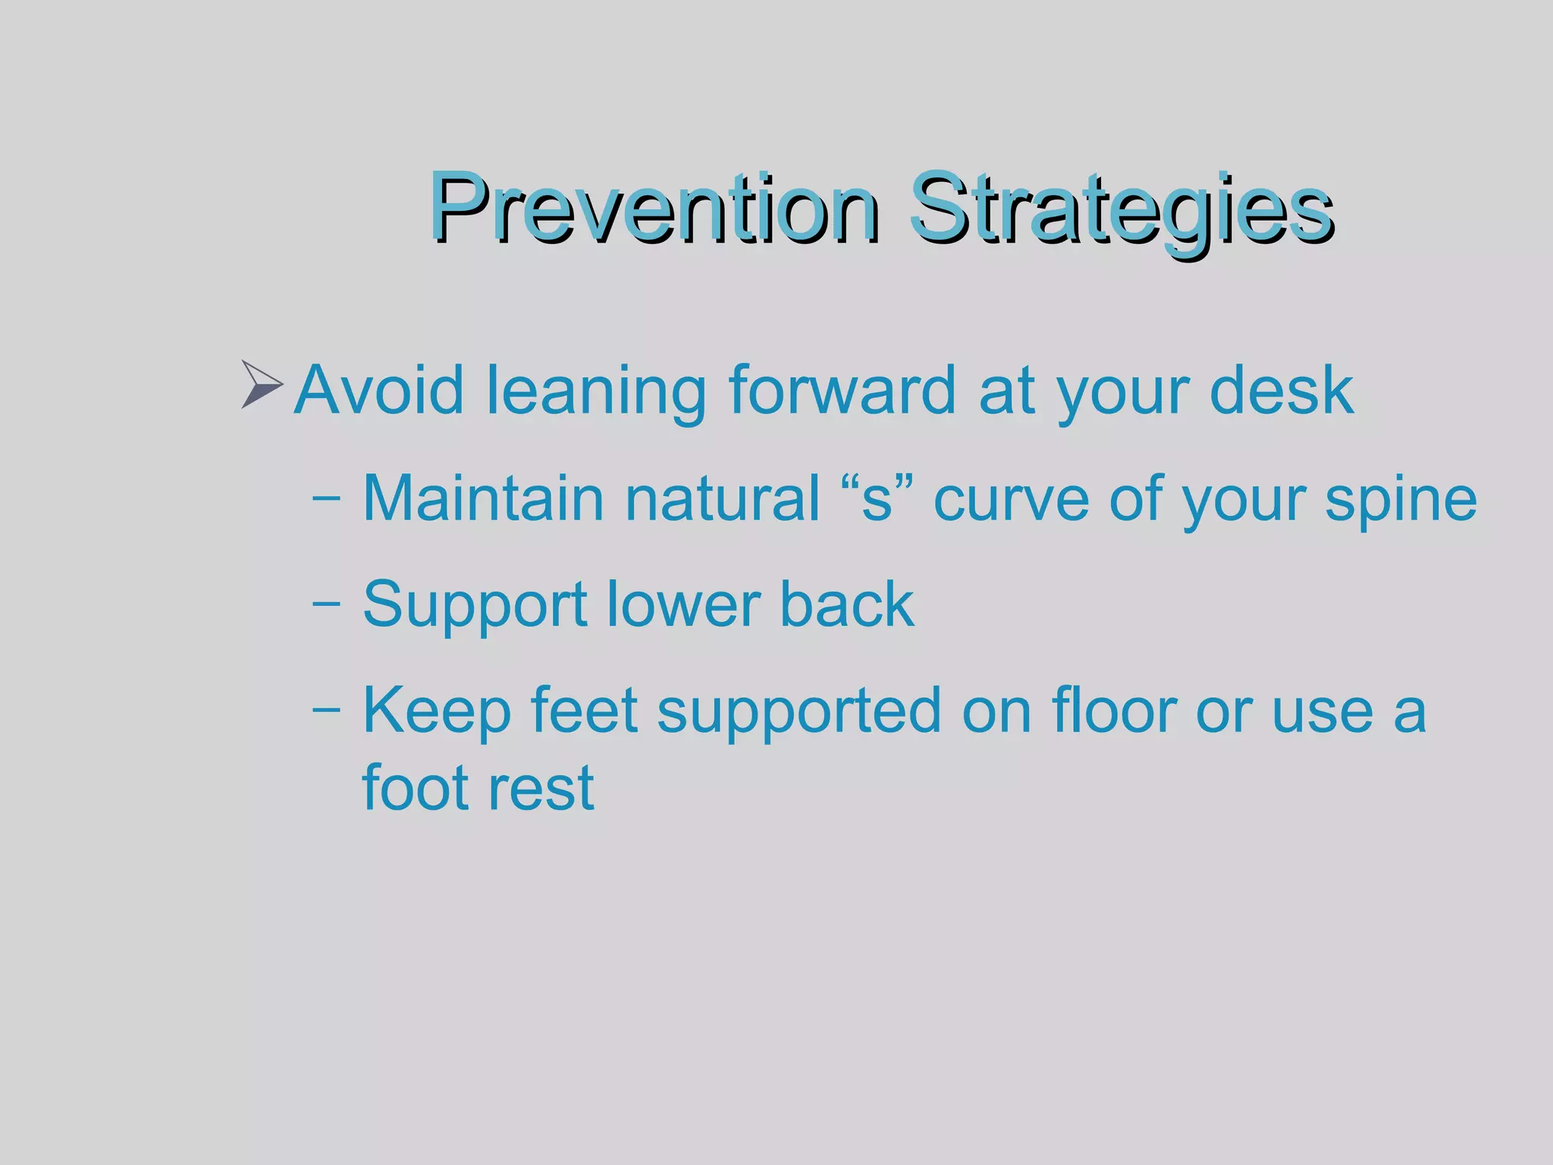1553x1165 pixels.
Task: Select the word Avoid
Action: (378, 390)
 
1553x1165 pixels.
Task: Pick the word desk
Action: (1281, 390)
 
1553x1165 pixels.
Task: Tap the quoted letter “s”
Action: (877, 498)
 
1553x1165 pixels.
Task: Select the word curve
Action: (1012, 500)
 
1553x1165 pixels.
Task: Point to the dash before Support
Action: (326, 605)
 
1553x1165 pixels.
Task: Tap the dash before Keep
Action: (326, 711)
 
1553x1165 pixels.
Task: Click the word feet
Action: (583, 711)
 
